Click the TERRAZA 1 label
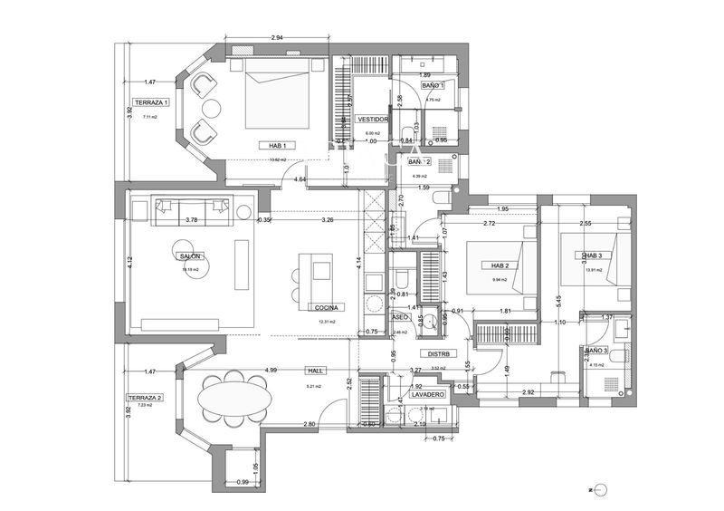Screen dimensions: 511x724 [x=151, y=102]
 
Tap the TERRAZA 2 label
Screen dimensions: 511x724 [x=145, y=398]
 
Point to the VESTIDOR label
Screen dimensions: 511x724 [x=373, y=119]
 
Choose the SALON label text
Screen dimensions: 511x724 [x=190, y=256]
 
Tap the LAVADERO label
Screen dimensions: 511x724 [x=426, y=395]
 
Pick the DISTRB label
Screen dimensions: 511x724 [x=440, y=354]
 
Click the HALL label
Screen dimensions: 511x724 [x=316, y=371]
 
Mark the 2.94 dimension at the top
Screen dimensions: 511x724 [x=279, y=38]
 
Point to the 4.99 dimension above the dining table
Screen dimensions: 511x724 [x=271, y=370]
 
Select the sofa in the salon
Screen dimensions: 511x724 [x=191, y=208]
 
